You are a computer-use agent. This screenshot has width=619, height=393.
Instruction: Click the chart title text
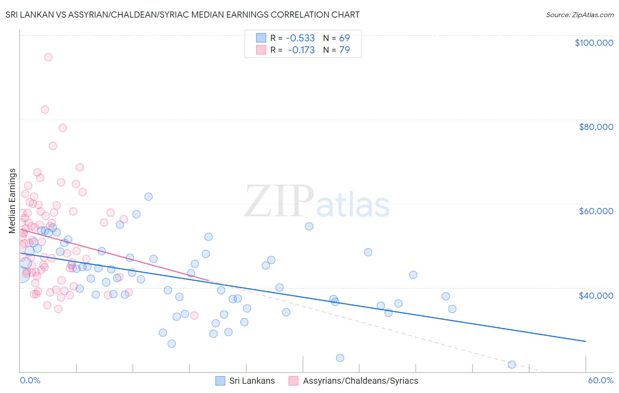click(182, 15)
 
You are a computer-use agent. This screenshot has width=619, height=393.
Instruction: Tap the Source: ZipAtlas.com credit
click(579, 15)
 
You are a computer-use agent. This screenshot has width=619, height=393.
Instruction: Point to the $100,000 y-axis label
click(593, 43)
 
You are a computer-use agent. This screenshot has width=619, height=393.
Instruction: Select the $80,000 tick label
click(596, 127)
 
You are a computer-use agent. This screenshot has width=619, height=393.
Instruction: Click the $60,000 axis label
click(596, 211)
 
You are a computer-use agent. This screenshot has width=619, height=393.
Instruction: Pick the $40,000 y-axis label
click(596, 296)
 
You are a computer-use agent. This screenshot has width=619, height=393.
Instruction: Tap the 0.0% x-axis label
click(30, 381)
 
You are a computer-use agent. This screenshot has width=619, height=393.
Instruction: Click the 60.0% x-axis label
click(600, 381)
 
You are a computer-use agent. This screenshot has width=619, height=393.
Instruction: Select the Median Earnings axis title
click(12, 200)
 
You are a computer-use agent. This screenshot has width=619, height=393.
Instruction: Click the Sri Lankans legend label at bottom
click(252, 381)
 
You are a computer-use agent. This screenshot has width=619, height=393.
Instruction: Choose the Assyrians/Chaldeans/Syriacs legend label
click(360, 381)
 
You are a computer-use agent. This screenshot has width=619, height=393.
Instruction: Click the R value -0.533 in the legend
click(300, 38)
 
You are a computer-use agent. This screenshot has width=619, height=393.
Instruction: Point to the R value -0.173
click(301, 50)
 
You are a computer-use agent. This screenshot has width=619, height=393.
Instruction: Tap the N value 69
click(344, 38)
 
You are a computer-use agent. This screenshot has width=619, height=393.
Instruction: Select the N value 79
click(344, 50)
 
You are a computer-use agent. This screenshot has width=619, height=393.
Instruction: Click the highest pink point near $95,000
click(48, 57)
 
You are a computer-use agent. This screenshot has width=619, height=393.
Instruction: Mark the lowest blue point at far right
click(512, 364)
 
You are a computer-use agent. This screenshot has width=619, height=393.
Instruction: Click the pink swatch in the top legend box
click(261, 50)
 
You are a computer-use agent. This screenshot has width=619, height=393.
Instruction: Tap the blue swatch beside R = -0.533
click(261, 38)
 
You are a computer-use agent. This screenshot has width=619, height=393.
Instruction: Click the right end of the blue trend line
click(586, 341)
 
